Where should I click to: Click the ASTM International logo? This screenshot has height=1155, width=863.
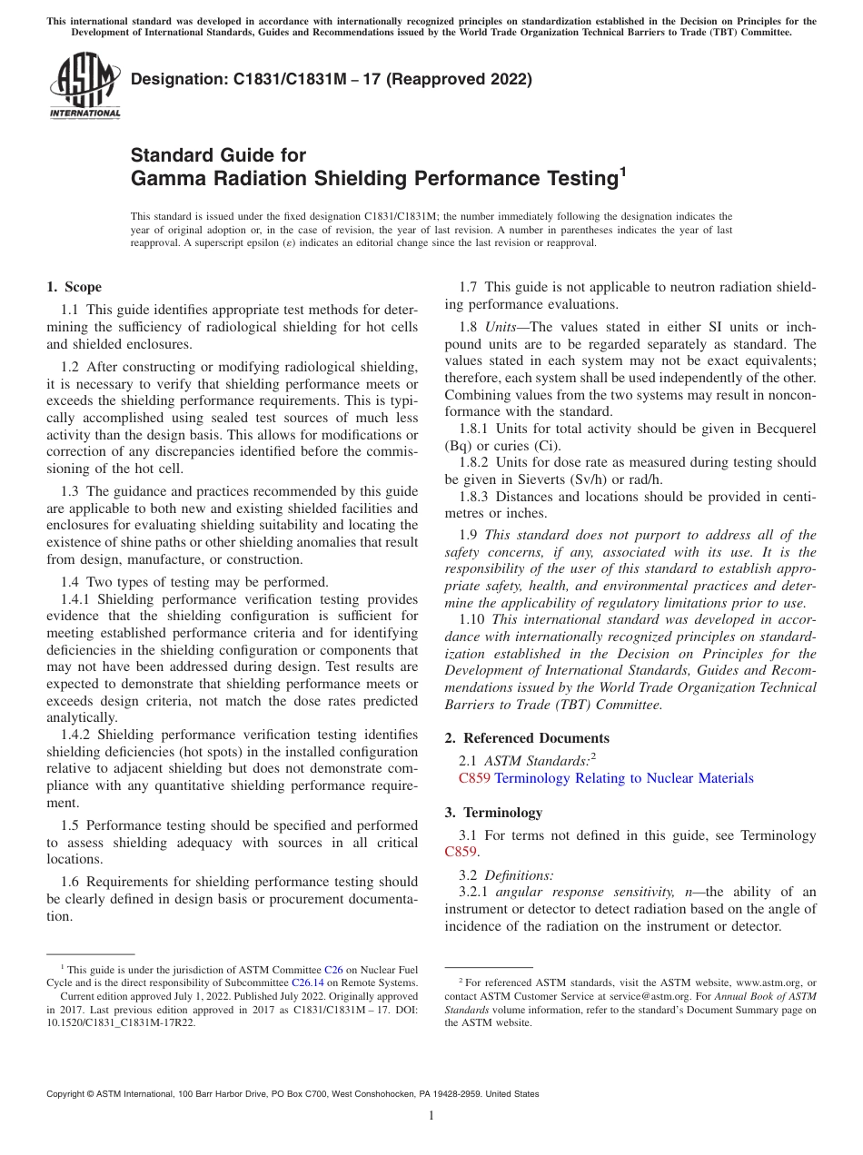point(84,87)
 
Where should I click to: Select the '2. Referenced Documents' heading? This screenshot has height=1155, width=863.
point(527,738)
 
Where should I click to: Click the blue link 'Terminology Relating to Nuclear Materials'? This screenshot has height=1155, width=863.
point(623,778)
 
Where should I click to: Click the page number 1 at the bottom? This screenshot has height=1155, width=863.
point(431,1116)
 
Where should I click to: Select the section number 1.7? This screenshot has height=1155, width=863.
point(471,287)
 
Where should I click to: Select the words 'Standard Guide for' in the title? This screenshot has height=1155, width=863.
point(219,155)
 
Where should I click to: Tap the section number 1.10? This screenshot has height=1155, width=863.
point(474,620)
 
